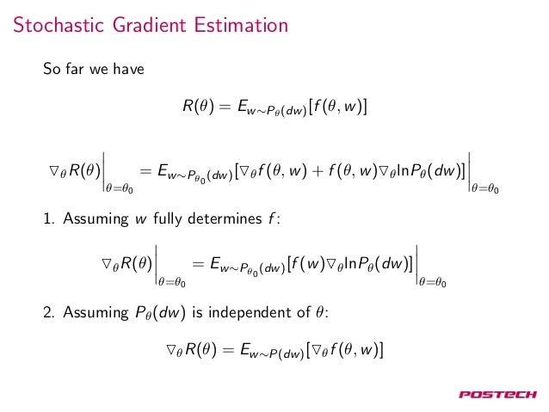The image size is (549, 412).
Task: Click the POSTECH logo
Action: point(497,395)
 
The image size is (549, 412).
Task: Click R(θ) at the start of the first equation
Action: point(198,108)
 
